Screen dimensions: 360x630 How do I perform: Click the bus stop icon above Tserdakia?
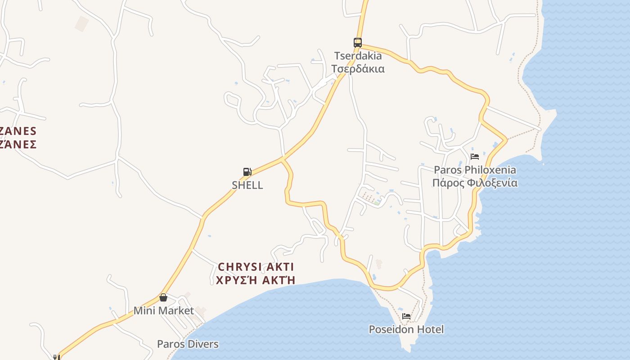[358, 43]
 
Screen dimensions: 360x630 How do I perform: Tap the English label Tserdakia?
[358, 56]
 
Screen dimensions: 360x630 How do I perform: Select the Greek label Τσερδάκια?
[358, 69]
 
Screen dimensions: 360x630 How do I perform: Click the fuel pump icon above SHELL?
[247, 171]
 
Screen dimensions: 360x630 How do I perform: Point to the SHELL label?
[247, 185]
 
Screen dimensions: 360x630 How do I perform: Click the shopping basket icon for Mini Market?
[163, 297]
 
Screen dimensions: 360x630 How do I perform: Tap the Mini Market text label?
[163, 310]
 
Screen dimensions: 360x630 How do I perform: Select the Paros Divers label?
[188, 344]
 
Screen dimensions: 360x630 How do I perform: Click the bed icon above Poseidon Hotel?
[406, 316]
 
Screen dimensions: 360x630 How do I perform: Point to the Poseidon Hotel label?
[406, 329]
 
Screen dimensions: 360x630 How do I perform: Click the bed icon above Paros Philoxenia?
[475, 157]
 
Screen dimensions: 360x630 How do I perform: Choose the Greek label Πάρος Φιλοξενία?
[475, 183]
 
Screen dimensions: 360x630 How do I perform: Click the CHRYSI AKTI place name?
[256, 267]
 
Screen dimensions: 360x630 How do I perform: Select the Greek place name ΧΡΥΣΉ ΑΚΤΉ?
[256, 280]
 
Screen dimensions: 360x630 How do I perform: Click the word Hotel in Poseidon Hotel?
[429, 329]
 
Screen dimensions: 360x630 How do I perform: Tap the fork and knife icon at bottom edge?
[56, 357]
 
